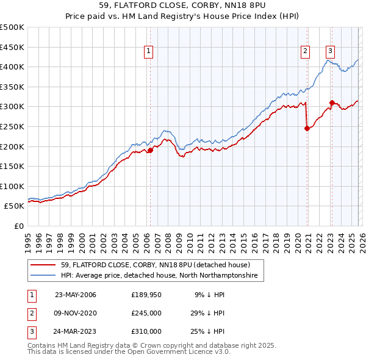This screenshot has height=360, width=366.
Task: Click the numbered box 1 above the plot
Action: click(x=149, y=52)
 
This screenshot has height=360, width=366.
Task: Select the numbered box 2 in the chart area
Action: click(x=305, y=52)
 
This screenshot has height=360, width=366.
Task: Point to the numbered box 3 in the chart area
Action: click(x=330, y=52)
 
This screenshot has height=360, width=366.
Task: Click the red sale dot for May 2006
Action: click(x=150, y=150)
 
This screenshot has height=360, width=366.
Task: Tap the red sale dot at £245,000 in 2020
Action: click(x=307, y=128)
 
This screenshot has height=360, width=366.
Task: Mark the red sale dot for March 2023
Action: click(x=332, y=103)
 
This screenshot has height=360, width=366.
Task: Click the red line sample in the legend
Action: click(x=44, y=265)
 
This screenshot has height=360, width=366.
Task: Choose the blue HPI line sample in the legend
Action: click(x=44, y=276)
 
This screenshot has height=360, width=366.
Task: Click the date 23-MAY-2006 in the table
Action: click(x=76, y=295)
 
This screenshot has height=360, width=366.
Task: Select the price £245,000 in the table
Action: click(x=146, y=313)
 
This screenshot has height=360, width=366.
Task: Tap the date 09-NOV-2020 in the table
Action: click(x=76, y=313)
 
